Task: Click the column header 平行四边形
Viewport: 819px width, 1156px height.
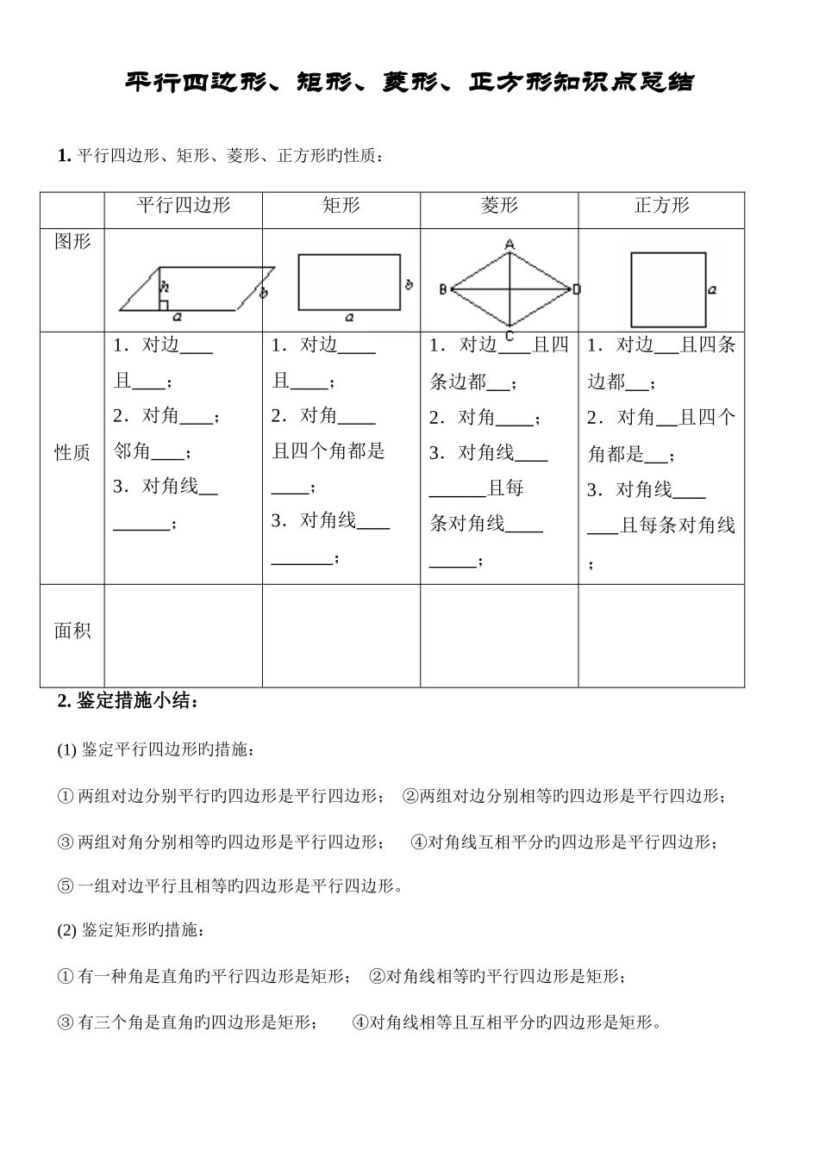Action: click(x=184, y=206)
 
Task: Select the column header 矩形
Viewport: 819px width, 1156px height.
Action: click(x=341, y=206)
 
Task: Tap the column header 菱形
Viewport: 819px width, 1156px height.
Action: click(x=499, y=206)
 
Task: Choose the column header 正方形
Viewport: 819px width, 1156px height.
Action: click(x=661, y=206)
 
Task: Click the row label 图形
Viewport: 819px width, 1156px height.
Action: click(x=72, y=242)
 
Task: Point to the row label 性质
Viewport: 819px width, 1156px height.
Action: click(x=72, y=453)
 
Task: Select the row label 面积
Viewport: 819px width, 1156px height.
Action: click(x=72, y=631)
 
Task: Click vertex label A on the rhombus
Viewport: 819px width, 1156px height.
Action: click(x=510, y=245)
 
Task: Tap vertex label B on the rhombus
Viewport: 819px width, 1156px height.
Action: click(x=442, y=289)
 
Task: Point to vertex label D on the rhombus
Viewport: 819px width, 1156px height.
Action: click(x=577, y=289)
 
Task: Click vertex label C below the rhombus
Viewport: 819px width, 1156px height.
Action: click(x=510, y=336)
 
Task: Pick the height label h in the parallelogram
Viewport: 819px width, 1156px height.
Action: click(x=164, y=286)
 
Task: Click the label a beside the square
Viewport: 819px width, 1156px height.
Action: click(x=712, y=291)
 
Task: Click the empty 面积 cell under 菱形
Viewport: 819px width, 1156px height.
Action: click(x=499, y=636)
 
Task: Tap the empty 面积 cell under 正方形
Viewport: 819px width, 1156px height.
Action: click(x=661, y=636)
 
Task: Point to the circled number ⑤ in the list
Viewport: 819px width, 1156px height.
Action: click(x=66, y=886)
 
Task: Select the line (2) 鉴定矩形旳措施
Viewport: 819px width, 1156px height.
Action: click(x=130, y=931)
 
